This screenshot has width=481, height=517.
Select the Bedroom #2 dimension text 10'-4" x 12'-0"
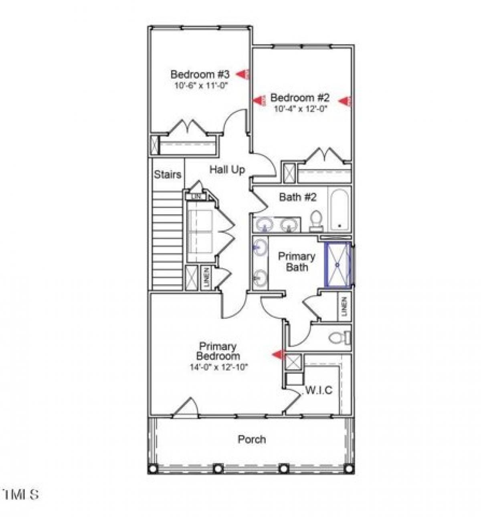pyautogui.click(x=298, y=109)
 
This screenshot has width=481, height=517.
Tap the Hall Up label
pyautogui.click(x=227, y=170)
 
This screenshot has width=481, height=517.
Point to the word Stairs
pyautogui.click(x=168, y=175)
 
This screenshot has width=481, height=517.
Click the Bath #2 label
pyautogui.click(x=297, y=197)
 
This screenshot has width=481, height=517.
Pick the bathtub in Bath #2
pyautogui.click(x=339, y=210)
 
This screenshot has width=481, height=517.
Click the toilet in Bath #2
pyautogui.click(x=316, y=220)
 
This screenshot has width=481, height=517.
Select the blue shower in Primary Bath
pyautogui.click(x=337, y=265)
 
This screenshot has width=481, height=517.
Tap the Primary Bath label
pyautogui.click(x=297, y=262)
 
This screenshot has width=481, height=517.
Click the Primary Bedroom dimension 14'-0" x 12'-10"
pyautogui.click(x=219, y=366)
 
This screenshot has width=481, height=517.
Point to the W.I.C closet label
pyautogui.click(x=319, y=390)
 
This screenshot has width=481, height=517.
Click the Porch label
pyautogui.click(x=252, y=439)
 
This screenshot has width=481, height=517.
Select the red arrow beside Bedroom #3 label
pyautogui.click(x=243, y=74)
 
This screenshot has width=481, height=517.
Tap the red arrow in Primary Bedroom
pyautogui.click(x=278, y=354)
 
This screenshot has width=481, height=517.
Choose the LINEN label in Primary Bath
pyautogui.click(x=344, y=306)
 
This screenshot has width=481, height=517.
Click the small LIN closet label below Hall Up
pyautogui.click(x=196, y=197)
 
